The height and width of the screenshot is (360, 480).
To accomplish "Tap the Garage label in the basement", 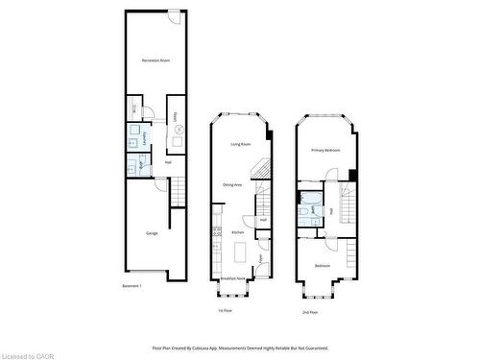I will click(x=152, y=233).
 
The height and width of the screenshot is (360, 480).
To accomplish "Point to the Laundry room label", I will click(x=145, y=138).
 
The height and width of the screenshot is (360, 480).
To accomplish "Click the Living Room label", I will click(x=240, y=144).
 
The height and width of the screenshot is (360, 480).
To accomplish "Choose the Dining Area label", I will click(x=232, y=184).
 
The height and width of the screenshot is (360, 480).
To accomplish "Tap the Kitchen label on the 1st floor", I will click(x=237, y=232).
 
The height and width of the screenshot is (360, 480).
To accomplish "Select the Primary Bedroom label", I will click(x=326, y=151).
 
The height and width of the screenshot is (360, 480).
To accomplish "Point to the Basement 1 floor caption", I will click(x=132, y=286).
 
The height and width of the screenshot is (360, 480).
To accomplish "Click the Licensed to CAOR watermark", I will click(x=29, y=353).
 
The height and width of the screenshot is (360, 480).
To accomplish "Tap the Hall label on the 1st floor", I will click(x=262, y=220).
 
